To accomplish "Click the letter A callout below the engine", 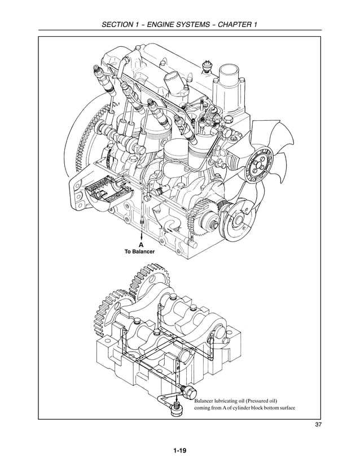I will coord(139,244).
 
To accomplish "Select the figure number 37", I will coord(318,425).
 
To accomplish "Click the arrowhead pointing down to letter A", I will coord(139,237).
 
